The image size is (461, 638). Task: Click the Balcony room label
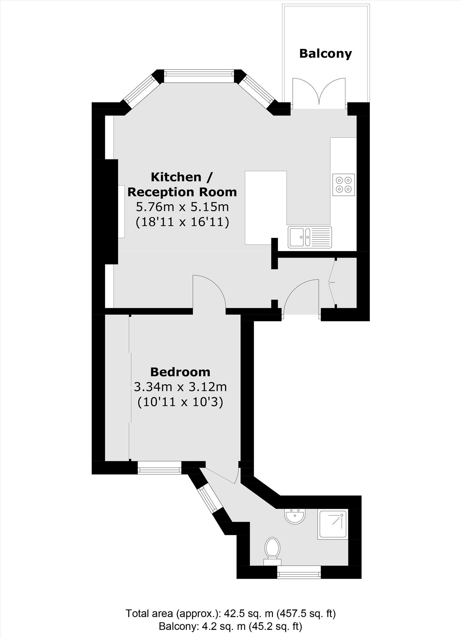pyautogui.click(x=325, y=54)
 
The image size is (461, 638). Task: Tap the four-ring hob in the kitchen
pyautogui.click(x=344, y=185)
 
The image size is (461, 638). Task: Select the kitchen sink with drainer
pyautogui.click(x=310, y=237)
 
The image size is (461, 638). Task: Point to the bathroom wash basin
pyautogui.click(x=295, y=516)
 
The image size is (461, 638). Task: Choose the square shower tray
pyautogui.click(x=332, y=525)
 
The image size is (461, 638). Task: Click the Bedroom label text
pyautogui.click(x=180, y=372)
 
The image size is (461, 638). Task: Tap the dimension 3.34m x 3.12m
pyautogui.click(x=180, y=387)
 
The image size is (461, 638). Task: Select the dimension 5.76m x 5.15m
pyautogui.click(x=182, y=207)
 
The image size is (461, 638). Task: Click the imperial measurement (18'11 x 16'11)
pyautogui.click(x=182, y=222)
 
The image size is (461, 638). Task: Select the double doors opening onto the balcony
pyautogui.click(x=319, y=93)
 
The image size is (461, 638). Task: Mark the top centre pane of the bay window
pyautogui.click(x=200, y=74)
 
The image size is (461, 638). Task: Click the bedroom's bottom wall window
pyautogui.click(x=159, y=469)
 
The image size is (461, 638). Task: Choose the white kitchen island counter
pyautogui.click(x=265, y=207)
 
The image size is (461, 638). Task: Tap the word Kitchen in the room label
pyautogui.click(x=176, y=177)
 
